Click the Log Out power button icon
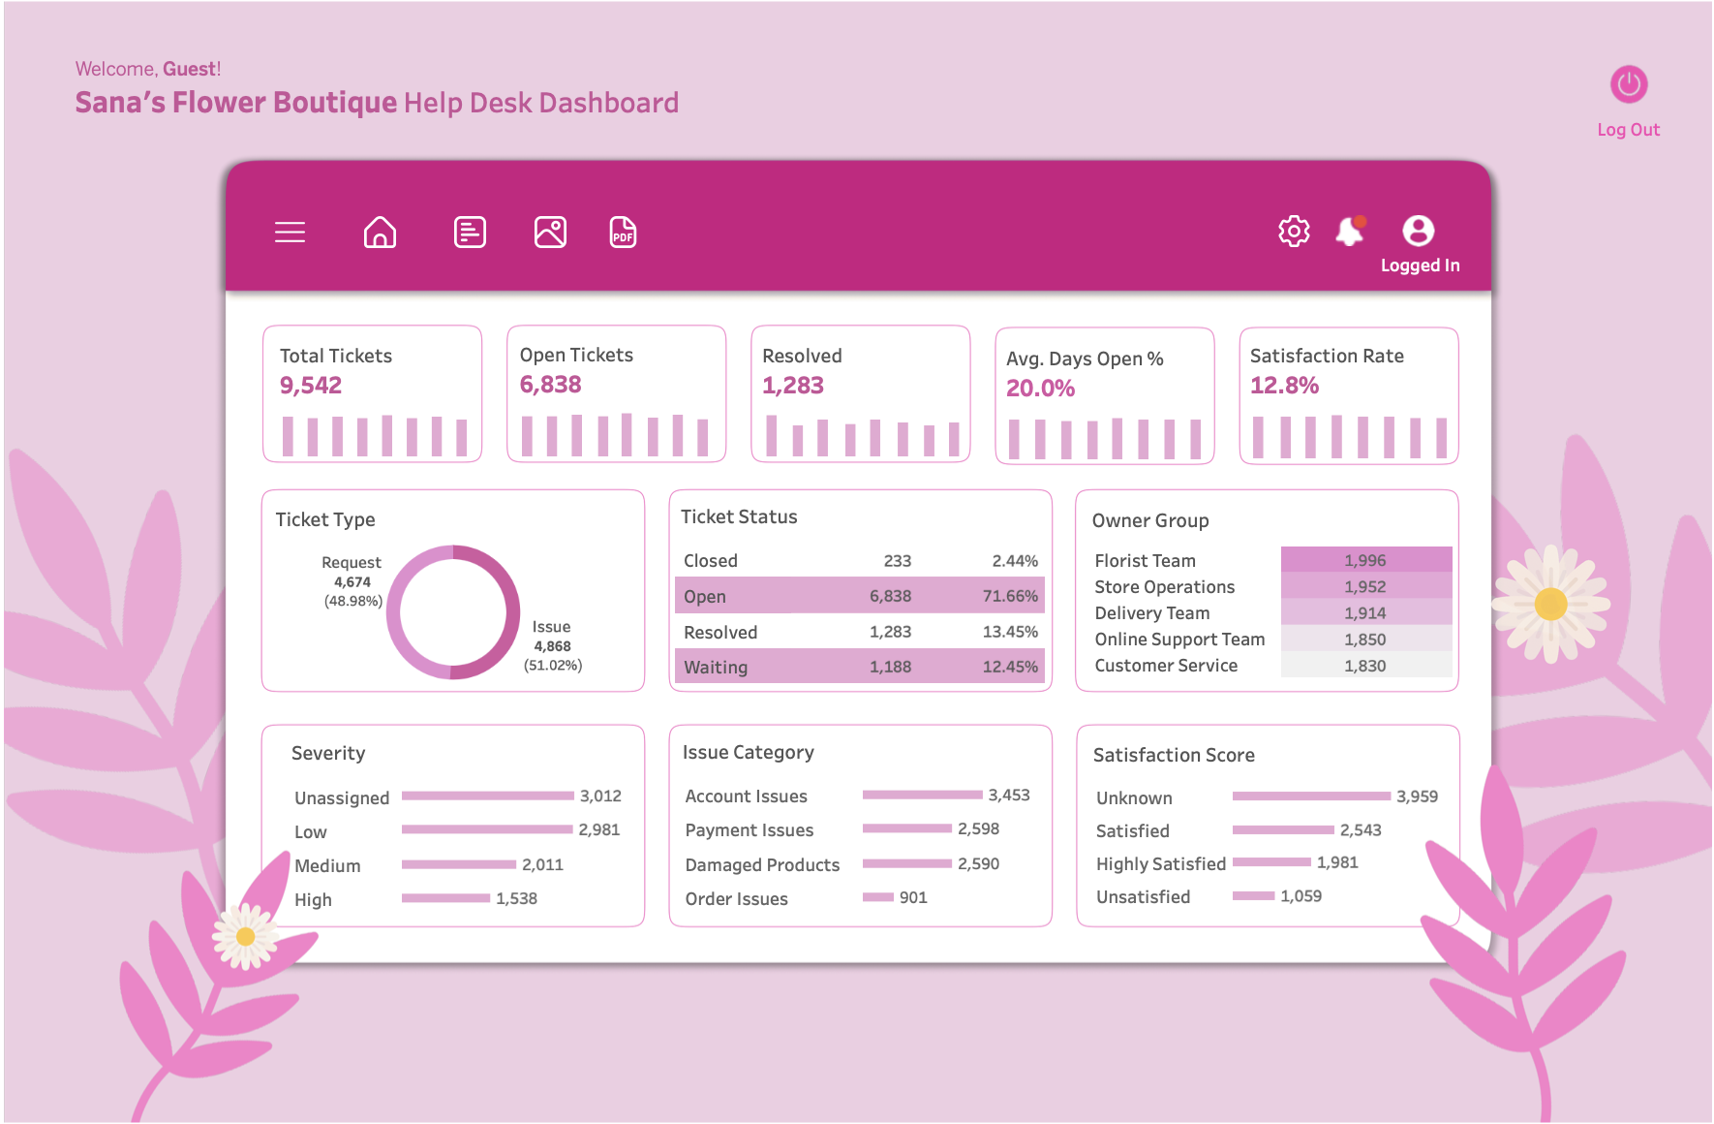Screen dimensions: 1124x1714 (x=1629, y=84)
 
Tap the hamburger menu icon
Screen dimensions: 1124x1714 (x=290, y=233)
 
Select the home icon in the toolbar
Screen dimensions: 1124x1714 (x=380, y=233)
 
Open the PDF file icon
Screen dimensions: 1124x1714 (x=623, y=233)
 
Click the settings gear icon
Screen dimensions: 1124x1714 (x=1294, y=231)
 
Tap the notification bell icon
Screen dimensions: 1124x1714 (x=1349, y=231)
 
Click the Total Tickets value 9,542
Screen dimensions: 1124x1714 (x=311, y=386)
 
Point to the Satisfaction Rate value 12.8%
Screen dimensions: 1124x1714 (x=1284, y=386)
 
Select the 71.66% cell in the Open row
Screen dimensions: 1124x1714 (x=1009, y=596)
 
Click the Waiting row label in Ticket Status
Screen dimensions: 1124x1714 (x=716, y=667)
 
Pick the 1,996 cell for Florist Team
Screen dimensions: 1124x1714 (x=1364, y=560)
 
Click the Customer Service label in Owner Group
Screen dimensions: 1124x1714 (x=1166, y=666)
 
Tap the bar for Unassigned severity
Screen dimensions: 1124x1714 (x=487, y=796)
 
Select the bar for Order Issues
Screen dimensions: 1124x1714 (x=877, y=897)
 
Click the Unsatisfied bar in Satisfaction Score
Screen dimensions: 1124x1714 (x=1253, y=895)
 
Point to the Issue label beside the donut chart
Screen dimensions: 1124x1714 (x=551, y=627)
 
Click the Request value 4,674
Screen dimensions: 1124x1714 (x=352, y=582)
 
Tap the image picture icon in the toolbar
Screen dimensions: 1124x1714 (x=550, y=233)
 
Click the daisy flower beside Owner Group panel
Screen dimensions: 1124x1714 (x=1550, y=604)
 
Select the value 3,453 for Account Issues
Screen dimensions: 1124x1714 (x=1008, y=795)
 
